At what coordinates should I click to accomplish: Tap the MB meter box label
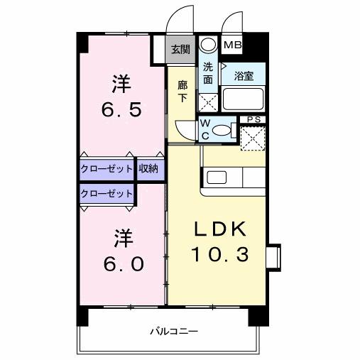pyautogui.click(x=232, y=45)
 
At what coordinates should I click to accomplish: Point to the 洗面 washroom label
pyautogui.click(x=207, y=73)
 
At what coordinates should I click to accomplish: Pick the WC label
pyautogui.click(x=205, y=129)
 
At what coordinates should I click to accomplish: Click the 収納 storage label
pyautogui.click(x=148, y=169)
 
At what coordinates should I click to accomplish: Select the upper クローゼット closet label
pyautogui.click(x=105, y=169)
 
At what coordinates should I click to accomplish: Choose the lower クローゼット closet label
pyautogui.click(x=106, y=192)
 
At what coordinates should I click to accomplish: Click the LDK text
pyautogui.click(x=219, y=229)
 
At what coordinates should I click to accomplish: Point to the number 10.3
pyautogui.click(x=219, y=253)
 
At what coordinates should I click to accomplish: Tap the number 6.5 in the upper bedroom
pyautogui.click(x=122, y=110)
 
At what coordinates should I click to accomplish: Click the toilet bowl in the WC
pyautogui.click(x=223, y=131)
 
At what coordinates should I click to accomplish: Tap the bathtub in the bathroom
pyautogui.click(x=243, y=97)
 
